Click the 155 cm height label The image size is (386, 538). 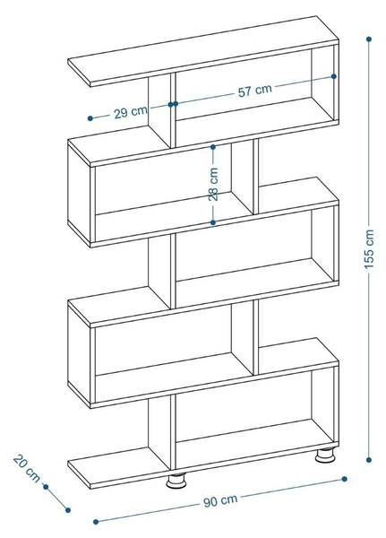(369, 249)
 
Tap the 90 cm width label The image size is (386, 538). (220, 501)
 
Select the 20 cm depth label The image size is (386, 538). (26, 468)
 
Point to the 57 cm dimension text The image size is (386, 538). (255, 90)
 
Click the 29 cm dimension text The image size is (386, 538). (130, 112)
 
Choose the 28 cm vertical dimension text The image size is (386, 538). (213, 184)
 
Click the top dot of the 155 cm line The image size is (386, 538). (369, 39)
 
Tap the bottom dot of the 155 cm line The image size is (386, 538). (369, 460)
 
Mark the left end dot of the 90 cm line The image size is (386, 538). (96, 522)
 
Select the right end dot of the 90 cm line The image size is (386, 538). (345, 479)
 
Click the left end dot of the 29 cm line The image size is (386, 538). (90, 118)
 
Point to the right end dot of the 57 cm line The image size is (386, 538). (334, 76)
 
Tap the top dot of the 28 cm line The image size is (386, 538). (213, 147)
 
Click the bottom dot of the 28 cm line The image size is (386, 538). (213, 222)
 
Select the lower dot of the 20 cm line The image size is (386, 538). (68, 510)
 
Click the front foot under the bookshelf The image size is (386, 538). (176, 481)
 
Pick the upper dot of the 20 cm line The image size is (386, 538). (46, 487)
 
